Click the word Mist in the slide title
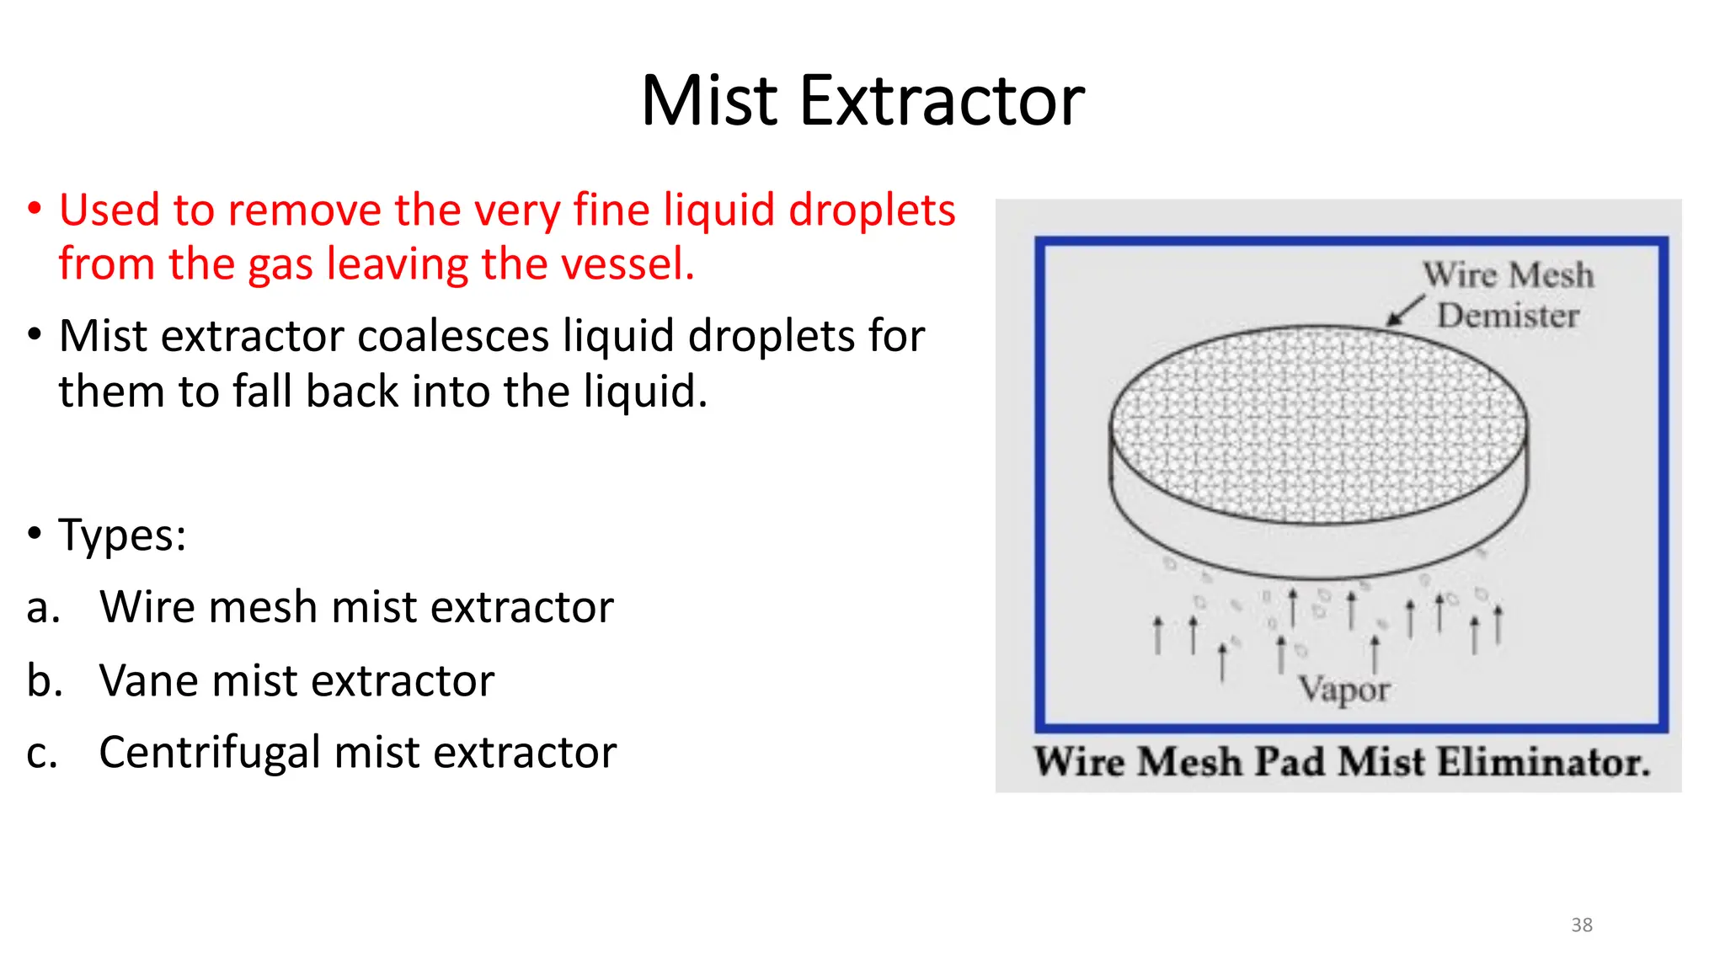[708, 101]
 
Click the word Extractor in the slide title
[942, 101]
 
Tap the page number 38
[1581, 925]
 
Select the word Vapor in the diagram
[1343, 690]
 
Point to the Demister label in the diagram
[1508, 316]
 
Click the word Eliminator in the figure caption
[1543, 762]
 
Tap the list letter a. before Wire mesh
[43, 608]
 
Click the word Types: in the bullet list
[122, 536]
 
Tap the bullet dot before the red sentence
[35, 209]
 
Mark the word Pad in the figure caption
[1290, 762]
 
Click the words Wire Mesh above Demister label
[1508, 275]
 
